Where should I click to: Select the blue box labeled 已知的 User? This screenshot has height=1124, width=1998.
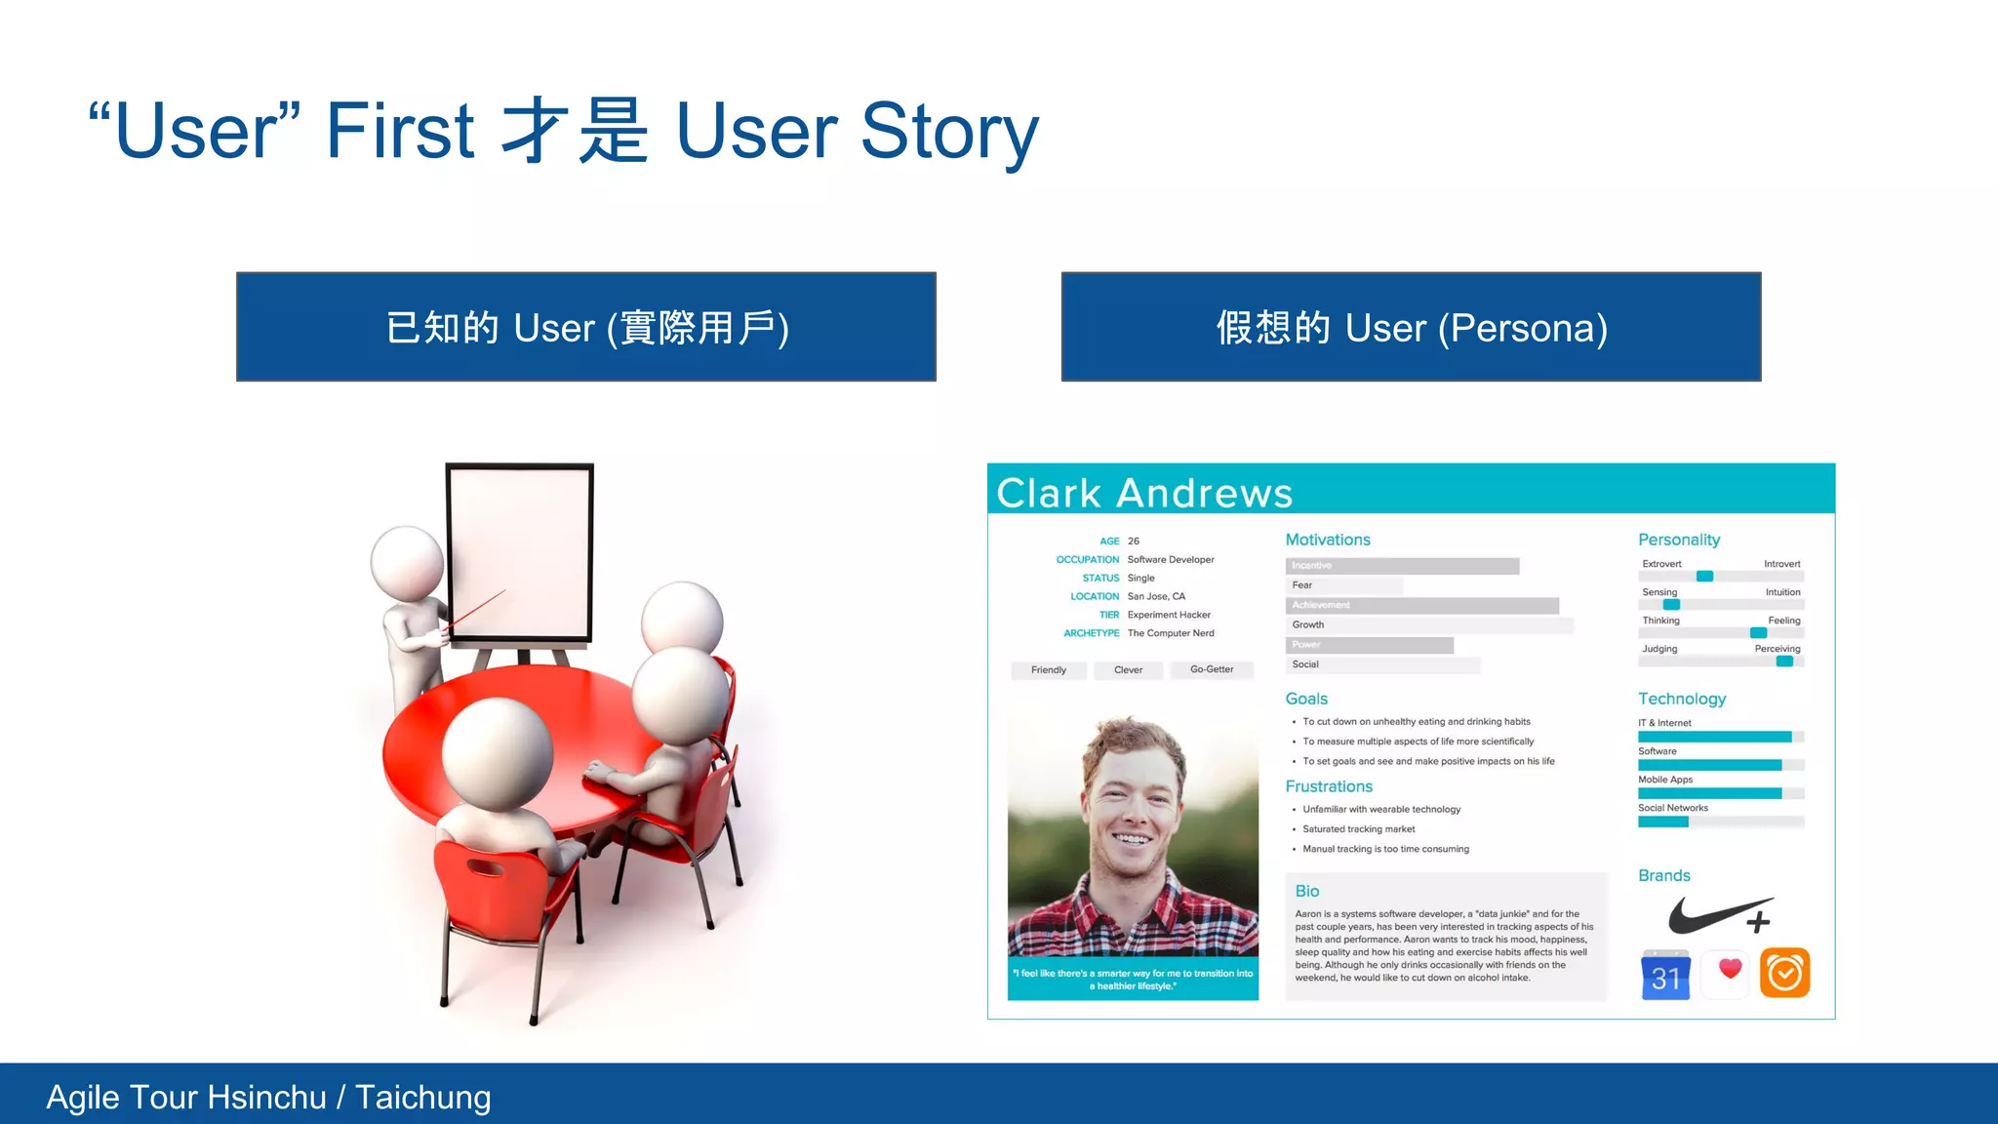point(586,327)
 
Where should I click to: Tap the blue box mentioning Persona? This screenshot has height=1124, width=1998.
point(1411,327)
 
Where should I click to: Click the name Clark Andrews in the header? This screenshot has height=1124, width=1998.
point(1144,493)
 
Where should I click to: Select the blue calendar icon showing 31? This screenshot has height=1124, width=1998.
point(1665,974)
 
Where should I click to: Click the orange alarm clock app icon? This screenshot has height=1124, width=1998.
point(1784,973)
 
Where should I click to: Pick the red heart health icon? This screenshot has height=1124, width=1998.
point(1730,971)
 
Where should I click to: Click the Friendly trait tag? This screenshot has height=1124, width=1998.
point(1049,670)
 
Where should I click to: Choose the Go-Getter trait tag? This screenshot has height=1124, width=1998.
point(1212,669)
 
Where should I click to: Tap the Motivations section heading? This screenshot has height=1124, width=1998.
point(1328,540)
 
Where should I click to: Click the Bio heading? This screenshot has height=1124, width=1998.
point(1307,891)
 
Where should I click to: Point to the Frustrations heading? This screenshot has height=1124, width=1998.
point(1329,786)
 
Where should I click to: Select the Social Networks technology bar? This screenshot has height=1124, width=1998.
point(1720,822)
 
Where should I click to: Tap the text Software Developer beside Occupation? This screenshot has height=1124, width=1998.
point(1171,560)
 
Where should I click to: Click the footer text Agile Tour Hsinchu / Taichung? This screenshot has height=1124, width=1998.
point(269,1097)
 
